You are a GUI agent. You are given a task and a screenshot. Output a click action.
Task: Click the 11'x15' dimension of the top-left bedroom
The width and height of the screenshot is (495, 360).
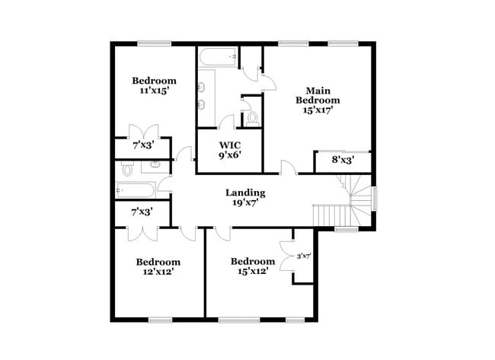(154, 91)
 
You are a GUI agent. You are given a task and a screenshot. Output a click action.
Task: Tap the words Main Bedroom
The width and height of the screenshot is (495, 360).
(318, 94)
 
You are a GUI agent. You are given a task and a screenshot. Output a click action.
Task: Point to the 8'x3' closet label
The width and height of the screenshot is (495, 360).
(343, 161)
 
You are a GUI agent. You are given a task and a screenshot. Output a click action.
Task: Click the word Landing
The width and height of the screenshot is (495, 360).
(245, 193)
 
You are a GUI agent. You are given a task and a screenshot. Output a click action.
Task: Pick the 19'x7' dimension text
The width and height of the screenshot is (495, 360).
(245, 203)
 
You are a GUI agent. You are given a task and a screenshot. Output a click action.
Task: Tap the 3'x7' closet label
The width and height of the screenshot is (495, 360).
(303, 256)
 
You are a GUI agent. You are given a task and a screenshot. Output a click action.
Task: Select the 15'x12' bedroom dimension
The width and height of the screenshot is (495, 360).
(252, 271)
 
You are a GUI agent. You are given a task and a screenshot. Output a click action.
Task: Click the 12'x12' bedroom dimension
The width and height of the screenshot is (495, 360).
(158, 272)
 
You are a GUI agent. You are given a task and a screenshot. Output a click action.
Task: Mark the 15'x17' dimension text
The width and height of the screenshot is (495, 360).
(318, 110)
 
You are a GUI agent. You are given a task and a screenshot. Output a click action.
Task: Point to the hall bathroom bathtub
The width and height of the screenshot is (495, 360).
(138, 190)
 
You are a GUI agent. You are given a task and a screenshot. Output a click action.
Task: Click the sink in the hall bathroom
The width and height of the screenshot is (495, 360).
(155, 164)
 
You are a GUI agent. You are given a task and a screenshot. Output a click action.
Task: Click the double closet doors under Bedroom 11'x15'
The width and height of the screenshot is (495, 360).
(142, 129)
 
